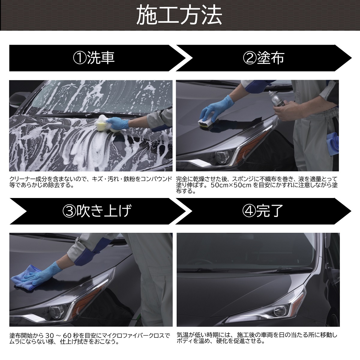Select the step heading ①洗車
pos(94,58)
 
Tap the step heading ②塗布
pos(263,58)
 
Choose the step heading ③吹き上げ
pos(97,211)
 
